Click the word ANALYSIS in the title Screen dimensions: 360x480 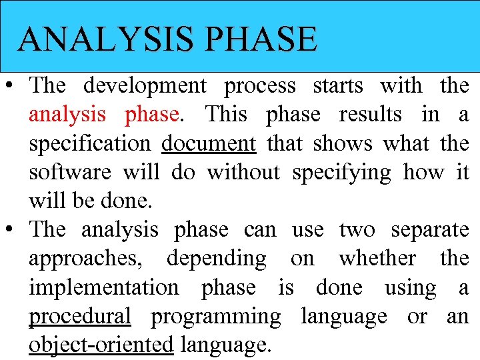(x=106, y=39)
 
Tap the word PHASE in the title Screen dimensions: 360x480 (x=261, y=39)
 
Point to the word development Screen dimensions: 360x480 (x=145, y=86)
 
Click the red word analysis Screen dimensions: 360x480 (x=67, y=115)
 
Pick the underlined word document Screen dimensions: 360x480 (x=209, y=143)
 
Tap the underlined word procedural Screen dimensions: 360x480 (x=80, y=317)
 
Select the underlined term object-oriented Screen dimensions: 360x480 (x=101, y=345)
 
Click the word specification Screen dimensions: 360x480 (x=90, y=144)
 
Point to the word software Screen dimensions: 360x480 (x=70, y=173)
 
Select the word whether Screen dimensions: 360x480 (x=378, y=259)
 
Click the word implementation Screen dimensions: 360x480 (x=103, y=288)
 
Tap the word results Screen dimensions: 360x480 (x=371, y=115)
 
